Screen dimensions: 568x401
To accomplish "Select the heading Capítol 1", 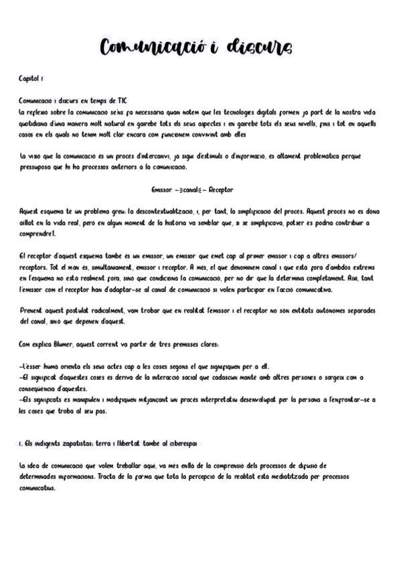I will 31,79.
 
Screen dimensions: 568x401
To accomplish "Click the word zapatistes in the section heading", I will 78,444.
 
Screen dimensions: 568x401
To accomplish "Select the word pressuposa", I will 37,167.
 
